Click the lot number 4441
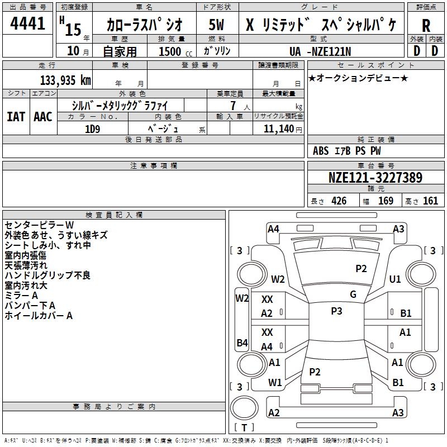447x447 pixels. (x=28, y=24)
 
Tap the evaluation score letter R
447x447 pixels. (x=426, y=26)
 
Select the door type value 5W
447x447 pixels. (x=217, y=25)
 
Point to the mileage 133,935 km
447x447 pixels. (x=65, y=80)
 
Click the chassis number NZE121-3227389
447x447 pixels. (x=375, y=178)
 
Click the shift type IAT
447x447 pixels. (x=16, y=117)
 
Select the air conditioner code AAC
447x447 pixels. (x=42, y=117)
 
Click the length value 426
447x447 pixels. (x=339, y=201)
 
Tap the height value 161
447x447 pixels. (x=430, y=201)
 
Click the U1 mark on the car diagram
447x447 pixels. (x=395, y=279)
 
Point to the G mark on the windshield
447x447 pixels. (x=353, y=294)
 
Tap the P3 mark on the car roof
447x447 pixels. (x=336, y=311)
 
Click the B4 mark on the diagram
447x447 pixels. (x=242, y=343)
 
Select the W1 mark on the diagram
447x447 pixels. (x=274, y=383)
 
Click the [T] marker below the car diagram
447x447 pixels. (x=244, y=427)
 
